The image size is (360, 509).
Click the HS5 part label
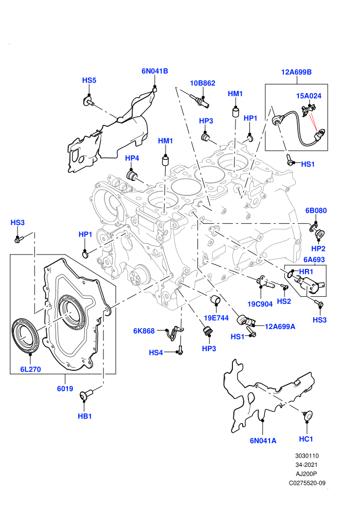point(89,81)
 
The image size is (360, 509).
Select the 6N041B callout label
point(154,71)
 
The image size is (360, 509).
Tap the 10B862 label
point(203,83)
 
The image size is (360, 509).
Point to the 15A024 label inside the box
point(309,96)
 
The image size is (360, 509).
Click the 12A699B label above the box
point(296,72)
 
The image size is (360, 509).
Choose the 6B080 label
point(316,210)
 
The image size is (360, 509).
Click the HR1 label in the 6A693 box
point(306,271)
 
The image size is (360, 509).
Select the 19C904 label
point(260,304)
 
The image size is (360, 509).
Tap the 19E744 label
point(216,318)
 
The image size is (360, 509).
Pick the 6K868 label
point(144,331)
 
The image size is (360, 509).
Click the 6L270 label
point(30,370)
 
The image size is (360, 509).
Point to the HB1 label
point(85,416)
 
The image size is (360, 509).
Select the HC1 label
point(306,439)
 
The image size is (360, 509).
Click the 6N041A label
point(263,441)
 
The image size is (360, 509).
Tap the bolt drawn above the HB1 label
point(86,394)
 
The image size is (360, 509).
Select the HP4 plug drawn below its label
point(132,176)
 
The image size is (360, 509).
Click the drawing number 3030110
point(307,456)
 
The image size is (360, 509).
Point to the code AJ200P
point(306,474)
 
